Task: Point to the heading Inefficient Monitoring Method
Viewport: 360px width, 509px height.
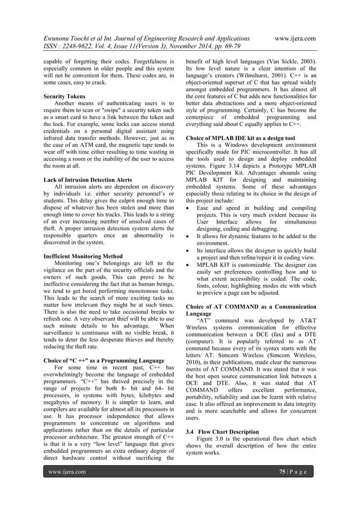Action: [x=83, y=256]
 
